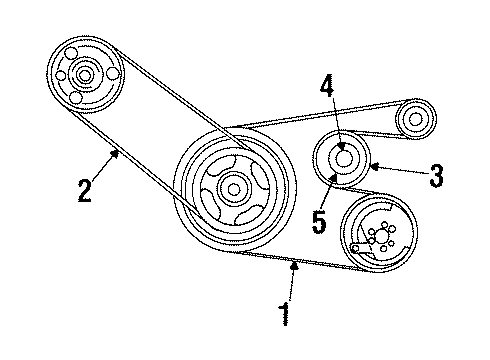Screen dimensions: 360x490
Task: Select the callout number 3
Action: click(435, 177)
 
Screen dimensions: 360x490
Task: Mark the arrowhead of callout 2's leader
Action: click(117, 151)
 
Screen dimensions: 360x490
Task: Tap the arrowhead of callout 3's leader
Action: click(371, 166)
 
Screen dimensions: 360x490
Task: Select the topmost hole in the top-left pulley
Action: click(73, 52)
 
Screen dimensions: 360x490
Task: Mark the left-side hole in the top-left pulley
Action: click(60, 76)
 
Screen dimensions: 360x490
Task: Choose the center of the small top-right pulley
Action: click(413, 120)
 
